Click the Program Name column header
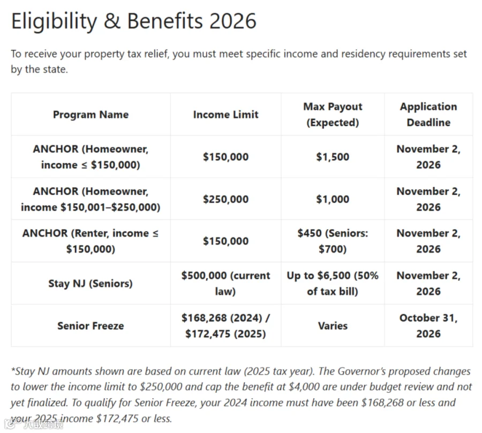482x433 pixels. pos(91,115)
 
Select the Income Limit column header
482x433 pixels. pos(225,115)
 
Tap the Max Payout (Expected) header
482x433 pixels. pos(333,115)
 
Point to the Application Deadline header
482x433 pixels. pos(428,115)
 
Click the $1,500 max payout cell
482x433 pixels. pos(333,157)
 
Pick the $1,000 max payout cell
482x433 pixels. pos(333,199)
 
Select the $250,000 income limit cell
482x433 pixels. pos(225,199)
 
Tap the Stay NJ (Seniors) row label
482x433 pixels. pos(91,283)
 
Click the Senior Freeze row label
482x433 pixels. pos(91,326)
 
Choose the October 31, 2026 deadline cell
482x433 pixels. pos(428,326)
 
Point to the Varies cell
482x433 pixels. pos(333,326)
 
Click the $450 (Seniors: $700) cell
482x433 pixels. pos(333,241)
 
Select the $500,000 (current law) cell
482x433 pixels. pos(225,283)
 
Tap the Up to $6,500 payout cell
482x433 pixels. pos(333,283)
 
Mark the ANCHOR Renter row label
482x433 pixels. pos(91,241)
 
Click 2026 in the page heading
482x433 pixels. pos(233,21)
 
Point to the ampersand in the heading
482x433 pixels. pos(112,21)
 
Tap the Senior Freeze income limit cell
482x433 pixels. pos(225,326)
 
